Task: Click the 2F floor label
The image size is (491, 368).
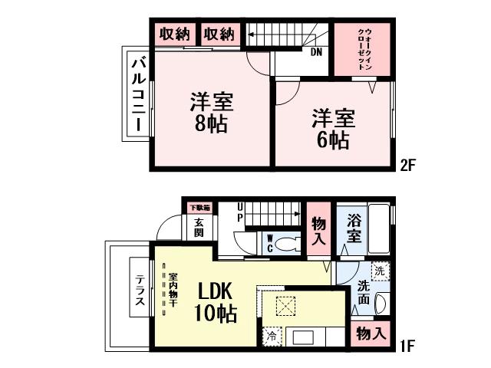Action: (x=407, y=166)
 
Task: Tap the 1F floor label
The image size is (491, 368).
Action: (x=407, y=346)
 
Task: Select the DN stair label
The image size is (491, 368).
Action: (x=316, y=52)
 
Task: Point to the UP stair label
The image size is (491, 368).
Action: (x=240, y=212)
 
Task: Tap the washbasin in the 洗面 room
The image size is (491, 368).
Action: (x=382, y=304)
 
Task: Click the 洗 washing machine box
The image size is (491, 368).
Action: (x=380, y=271)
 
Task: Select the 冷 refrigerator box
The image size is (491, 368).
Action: (x=272, y=337)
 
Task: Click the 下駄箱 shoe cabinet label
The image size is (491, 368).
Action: (x=199, y=208)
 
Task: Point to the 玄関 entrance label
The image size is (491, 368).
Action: (x=199, y=228)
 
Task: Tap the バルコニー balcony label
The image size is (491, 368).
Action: (x=138, y=94)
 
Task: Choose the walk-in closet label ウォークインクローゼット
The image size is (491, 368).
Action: (x=364, y=49)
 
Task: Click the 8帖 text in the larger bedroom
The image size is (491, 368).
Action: (x=211, y=123)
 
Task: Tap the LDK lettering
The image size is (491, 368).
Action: (x=215, y=291)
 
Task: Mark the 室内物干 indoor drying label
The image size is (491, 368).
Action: (x=173, y=290)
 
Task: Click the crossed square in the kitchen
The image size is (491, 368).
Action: (x=285, y=304)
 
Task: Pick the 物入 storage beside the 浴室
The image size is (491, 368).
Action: (x=319, y=231)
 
